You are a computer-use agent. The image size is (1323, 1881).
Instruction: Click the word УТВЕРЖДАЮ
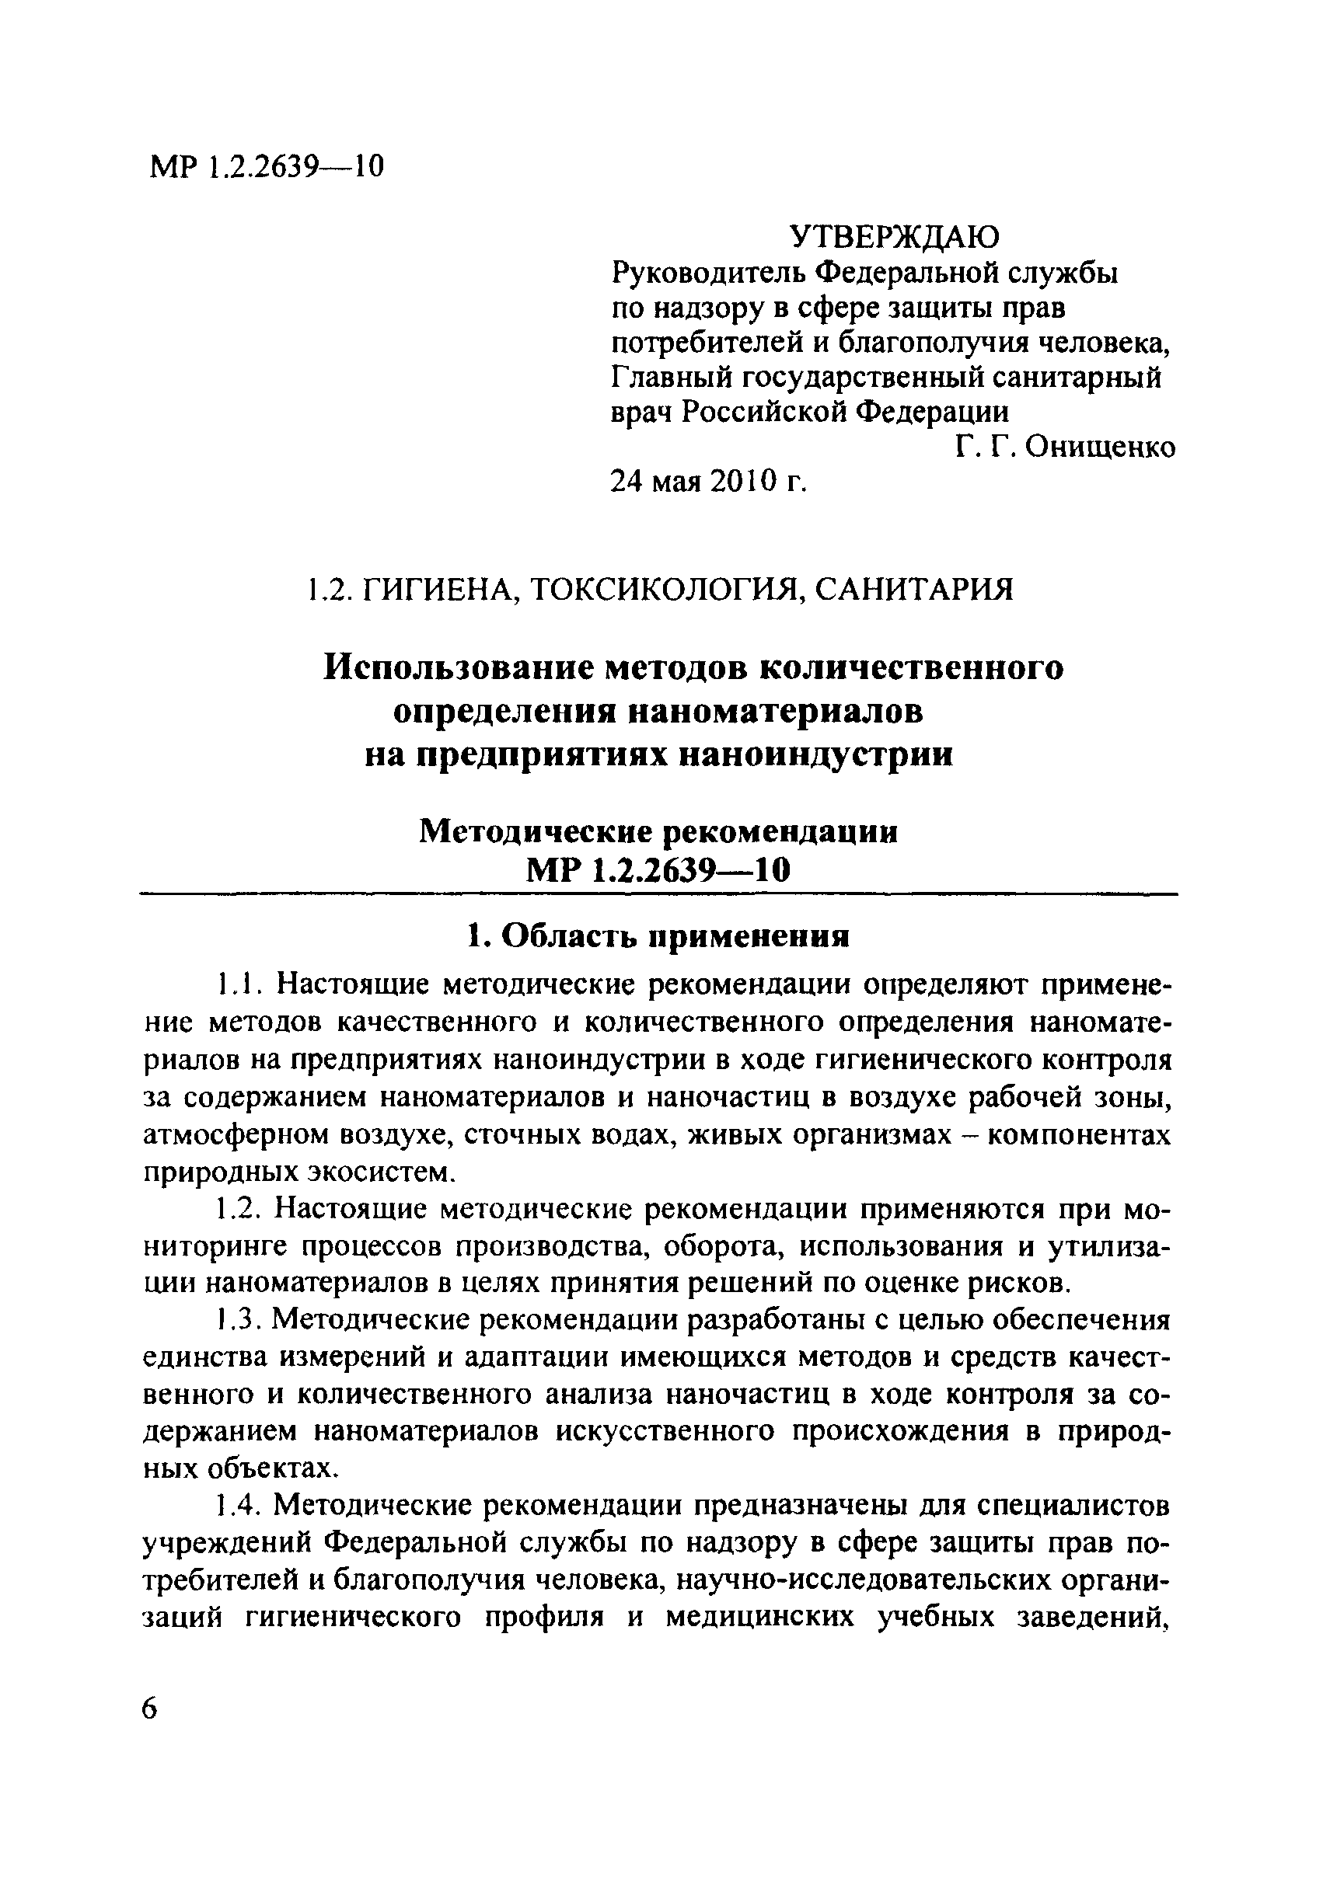tap(894, 237)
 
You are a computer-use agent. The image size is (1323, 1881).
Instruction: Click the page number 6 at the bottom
tap(149, 1709)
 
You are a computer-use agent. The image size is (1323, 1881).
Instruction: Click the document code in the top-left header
tap(267, 167)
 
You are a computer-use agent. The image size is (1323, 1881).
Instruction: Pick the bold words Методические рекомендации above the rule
tap(658, 831)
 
